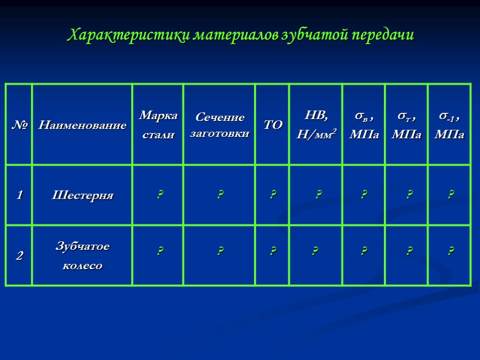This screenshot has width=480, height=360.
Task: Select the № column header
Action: coord(19,125)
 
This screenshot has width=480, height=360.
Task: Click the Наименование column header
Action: coord(82,125)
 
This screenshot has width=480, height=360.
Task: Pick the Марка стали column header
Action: coord(158,125)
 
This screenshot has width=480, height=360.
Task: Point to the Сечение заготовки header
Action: coord(219,125)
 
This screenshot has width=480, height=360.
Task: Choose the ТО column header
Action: coord(273,125)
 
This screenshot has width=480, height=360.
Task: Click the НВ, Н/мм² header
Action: coord(316,125)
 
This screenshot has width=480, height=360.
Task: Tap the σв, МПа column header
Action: coord(364,125)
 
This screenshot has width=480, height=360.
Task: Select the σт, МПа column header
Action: coord(406,125)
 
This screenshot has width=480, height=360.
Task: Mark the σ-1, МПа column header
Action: coord(450,125)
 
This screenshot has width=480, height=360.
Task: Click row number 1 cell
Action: coord(19,195)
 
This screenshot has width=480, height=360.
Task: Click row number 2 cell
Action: coord(19,256)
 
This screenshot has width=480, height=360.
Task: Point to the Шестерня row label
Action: coord(82,195)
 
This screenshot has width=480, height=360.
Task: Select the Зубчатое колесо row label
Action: coord(82,256)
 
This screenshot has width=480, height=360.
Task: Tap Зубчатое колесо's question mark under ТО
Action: coord(273,252)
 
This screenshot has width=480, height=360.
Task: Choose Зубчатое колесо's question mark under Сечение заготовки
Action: coord(219,252)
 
